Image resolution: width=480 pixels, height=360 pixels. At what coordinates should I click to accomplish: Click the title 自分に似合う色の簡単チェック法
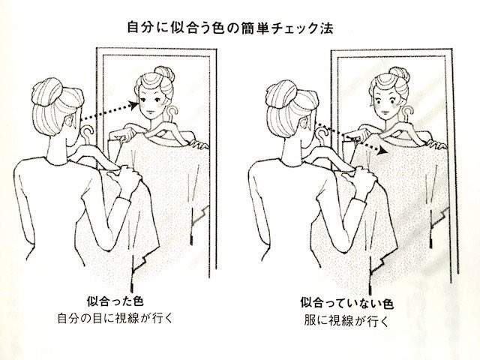238,28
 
